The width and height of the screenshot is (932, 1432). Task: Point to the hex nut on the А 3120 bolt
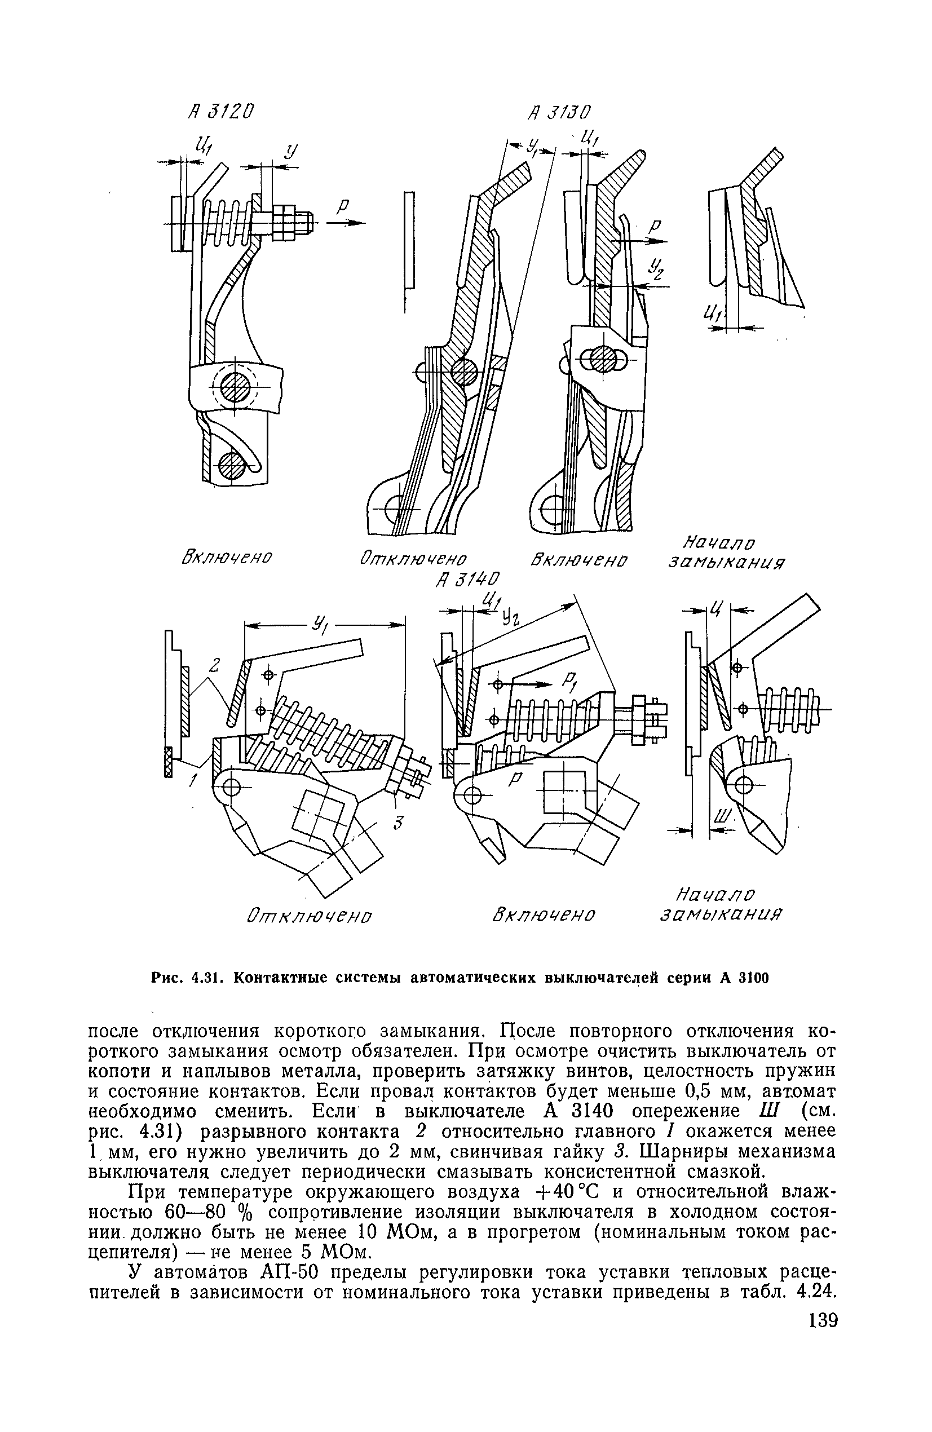tap(285, 222)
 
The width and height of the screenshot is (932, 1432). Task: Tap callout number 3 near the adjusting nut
tap(397, 823)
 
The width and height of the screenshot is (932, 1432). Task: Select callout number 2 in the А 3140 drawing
tap(215, 665)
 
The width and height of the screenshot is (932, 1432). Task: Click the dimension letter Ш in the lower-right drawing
tap(722, 816)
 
